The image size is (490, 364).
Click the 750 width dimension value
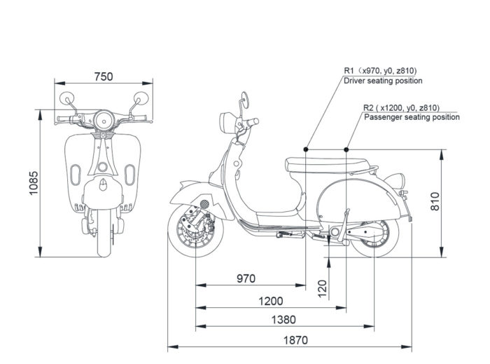pyautogui.click(x=104, y=76)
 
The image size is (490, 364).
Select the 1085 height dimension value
pyautogui.click(x=34, y=183)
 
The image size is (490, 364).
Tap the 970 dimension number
pyautogui.click(x=246, y=278)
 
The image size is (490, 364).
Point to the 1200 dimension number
pyautogui.click(x=271, y=301)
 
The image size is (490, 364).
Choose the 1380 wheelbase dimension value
pyautogui.click(x=283, y=320)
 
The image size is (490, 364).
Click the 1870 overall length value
pyautogui.click(x=295, y=340)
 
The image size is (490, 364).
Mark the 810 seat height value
pyautogui.click(x=435, y=201)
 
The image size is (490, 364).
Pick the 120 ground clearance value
pyautogui.click(x=322, y=288)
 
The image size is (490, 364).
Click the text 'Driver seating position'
pyautogui.click(x=383, y=81)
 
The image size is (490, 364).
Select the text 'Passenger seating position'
pyautogui.click(x=412, y=117)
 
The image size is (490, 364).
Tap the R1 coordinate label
pyautogui.click(x=380, y=71)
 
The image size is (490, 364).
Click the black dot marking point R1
pyautogui.click(x=306, y=149)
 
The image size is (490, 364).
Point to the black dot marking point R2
pyautogui.click(x=346, y=149)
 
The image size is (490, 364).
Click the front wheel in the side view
pyautogui.click(x=196, y=230)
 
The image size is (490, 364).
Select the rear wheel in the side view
pyautogui.click(x=374, y=238)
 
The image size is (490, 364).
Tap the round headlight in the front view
pyautogui.click(x=104, y=120)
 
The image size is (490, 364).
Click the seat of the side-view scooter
pyautogui.click(x=327, y=165)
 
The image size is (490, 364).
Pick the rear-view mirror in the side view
pyautogui.click(x=245, y=100)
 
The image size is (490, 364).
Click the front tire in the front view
pyautogui.click(x=104, y=233)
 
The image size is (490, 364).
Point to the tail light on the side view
pyautogui.click(x=395, y=180)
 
